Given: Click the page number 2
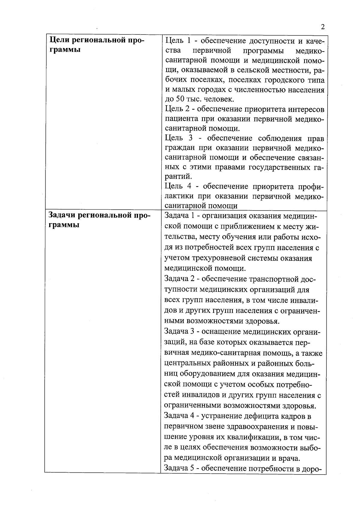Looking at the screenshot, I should pos(322,27).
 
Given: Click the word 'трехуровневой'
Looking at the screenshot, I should pos(218,258).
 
